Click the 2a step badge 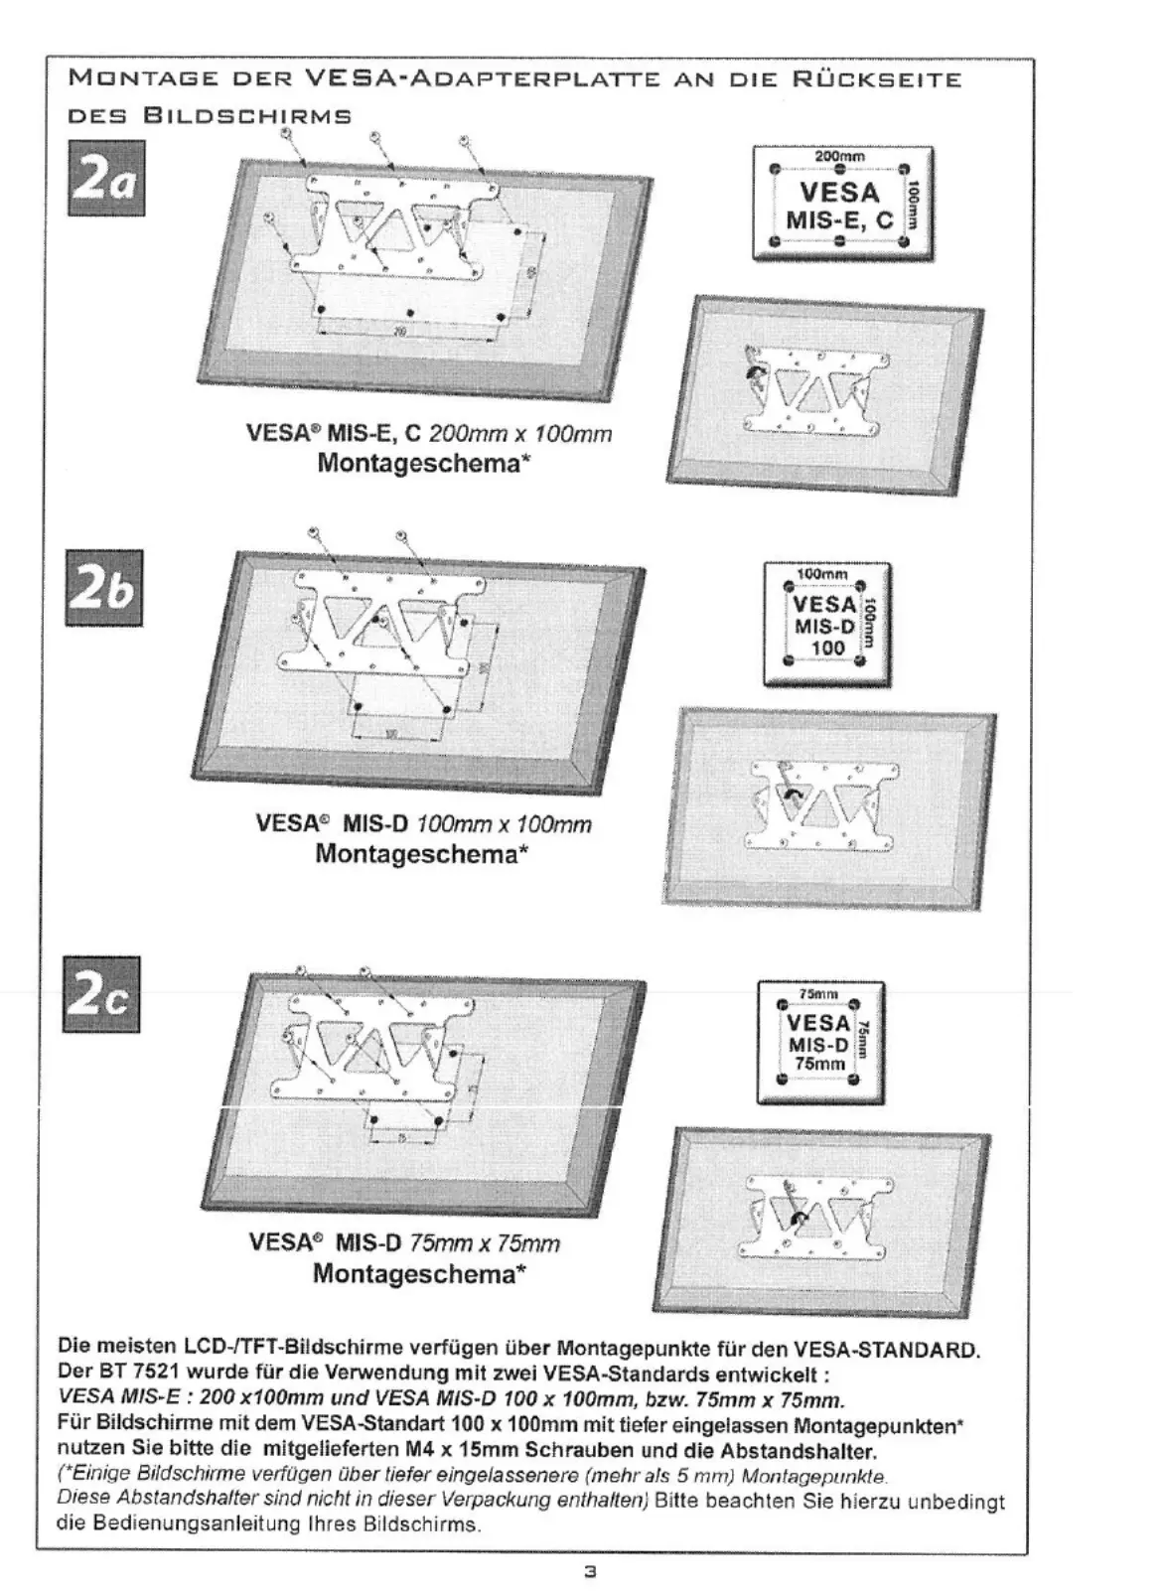pos(105,178)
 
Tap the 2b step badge pos(103,587)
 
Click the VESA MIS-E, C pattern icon pos(842,203)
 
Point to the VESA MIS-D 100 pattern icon pos(826,625)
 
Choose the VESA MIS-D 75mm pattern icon pos(819,1042)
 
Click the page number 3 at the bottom pos(589,1572)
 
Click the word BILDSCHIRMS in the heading pos(247,115)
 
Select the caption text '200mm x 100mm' pos(519,434)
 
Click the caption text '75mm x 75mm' pos(485,1243)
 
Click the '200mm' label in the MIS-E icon pos(840,156)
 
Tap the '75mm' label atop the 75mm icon pos(818,993)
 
